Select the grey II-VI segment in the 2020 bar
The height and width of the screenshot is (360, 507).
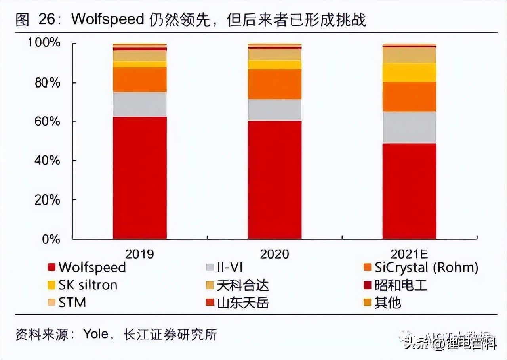[x=274, y=110]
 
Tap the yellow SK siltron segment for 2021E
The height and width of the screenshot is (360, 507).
[x=409, y=73]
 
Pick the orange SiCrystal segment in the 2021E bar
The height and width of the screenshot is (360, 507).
[x=409, y=97]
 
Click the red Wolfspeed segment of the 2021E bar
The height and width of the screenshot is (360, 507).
[x=409, y=191]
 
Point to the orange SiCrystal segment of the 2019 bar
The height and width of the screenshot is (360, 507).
[x=139, y=80]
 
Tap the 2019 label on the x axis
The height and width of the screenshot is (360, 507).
[x=139, y=254]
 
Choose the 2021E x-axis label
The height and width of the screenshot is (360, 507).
[x=409, y=254]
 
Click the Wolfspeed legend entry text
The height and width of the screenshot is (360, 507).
[x=92, y=267]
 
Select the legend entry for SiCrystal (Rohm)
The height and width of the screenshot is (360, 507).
[x=426, y=268]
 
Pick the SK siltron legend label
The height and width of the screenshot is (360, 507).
[x=88, y=285]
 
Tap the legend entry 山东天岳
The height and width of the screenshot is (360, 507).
[x=242, y=303]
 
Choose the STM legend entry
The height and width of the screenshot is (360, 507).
[x=72, y=303]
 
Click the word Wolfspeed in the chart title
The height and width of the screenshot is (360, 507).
[x=107, y=19]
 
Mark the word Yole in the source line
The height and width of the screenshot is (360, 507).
[x=95, y=334]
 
